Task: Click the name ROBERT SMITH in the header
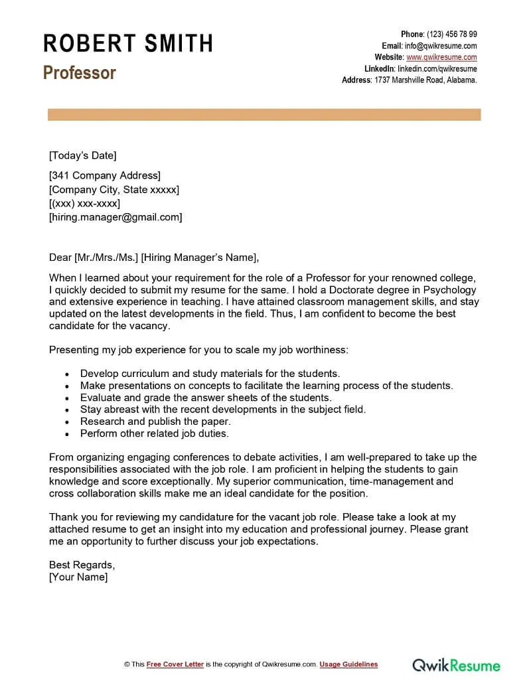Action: coord(128,44)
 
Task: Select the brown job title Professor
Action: coord(80,72)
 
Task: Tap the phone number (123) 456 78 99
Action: coord(451,35)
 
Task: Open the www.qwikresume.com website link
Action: coord(441,57)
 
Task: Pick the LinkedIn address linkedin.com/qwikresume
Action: coord(437,68)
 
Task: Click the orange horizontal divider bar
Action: coord(264,115)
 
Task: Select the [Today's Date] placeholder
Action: coord(82,155)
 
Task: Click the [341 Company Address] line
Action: coord(105,176)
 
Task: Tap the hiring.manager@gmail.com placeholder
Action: coord(115,217)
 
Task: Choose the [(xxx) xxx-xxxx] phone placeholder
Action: coord(84,203)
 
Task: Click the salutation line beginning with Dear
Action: coord(153,258)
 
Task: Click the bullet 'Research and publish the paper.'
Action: coord(155,421)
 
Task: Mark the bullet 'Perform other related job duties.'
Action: coord(154,433)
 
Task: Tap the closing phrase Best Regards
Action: coord(82,565)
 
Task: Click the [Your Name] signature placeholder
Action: coord(78,577)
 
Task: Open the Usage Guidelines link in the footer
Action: coord(348,664)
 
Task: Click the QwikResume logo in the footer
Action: coord(457,664)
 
